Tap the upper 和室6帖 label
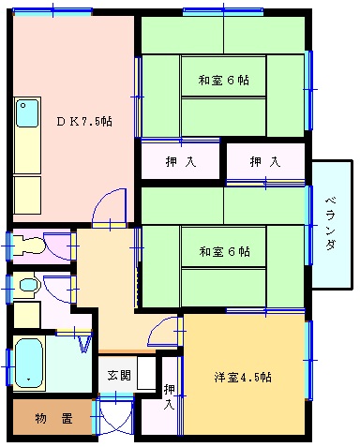pyautogui.click(x=223, y=79)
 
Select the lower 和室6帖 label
pyautogui.click(x=223, y=251)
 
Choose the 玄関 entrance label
pyautogui.click(x=118, y=376)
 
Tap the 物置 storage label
pyautogui.click(x=53, y=419)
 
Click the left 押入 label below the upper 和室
pyautogui.click(x=182, y=161)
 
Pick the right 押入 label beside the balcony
pyautogui.click(x=264, y=161)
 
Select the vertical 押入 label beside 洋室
pyautogui.click(x=170, y=396)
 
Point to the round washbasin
pyautogui.click(x=28, y=283)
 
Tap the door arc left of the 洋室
pyautogui.click(x=167, y=331)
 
